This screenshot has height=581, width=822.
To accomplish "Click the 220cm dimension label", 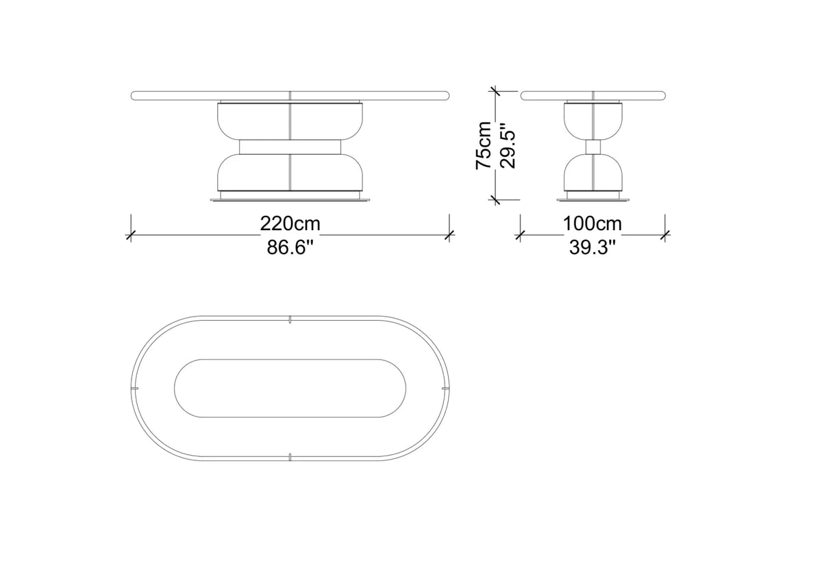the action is pyautogui.click(x=290, y=223).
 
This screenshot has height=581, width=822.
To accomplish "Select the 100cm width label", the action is pyautogui.click(x=593, y=223).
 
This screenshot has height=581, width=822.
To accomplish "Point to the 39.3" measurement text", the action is pyautogui.click(x=593, y=247).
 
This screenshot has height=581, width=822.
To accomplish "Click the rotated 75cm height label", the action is pyautogui.click(x=484, y=145).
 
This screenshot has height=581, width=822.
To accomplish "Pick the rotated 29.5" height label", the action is pyautogui.click(x=508, y=145).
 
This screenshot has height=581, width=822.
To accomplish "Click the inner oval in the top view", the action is pyautogui.click(x=290, y=388).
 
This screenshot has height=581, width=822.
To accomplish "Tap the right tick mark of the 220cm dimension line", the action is pyautogui.click(x=449, y=235).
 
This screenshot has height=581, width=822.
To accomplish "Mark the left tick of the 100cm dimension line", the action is pyautogui.click(x=520, y=235).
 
